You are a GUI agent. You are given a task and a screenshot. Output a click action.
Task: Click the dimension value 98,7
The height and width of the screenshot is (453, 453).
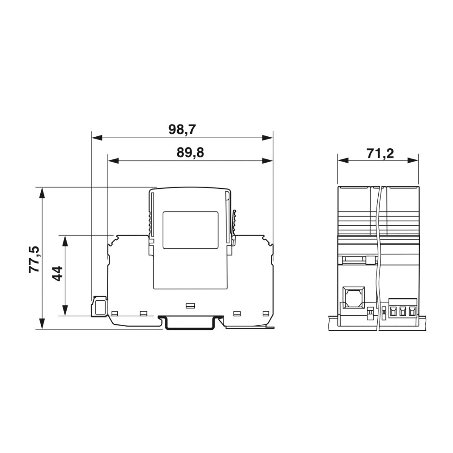click(182, 130)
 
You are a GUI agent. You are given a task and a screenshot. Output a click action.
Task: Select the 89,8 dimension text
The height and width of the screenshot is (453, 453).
click(190, 153)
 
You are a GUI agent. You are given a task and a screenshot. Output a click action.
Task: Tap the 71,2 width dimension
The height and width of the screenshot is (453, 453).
click(380, 154)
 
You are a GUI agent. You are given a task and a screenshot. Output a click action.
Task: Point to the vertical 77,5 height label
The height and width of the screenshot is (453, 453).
click(34, 259)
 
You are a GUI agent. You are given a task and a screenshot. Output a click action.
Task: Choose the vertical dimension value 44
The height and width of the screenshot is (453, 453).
click(57, 274)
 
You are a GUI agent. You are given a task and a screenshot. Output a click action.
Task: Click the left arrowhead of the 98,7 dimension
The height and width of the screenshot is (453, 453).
click(97, 138)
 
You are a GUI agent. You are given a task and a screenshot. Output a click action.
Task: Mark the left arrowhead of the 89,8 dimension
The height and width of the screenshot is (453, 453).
click(113, 161)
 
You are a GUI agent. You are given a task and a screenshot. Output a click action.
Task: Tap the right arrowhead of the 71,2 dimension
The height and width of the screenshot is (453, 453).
click(413, 160)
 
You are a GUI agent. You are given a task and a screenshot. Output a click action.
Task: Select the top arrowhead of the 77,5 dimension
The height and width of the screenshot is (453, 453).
click(42, 193)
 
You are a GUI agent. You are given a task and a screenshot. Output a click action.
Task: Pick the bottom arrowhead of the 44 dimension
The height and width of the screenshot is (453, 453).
click(65, 310)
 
